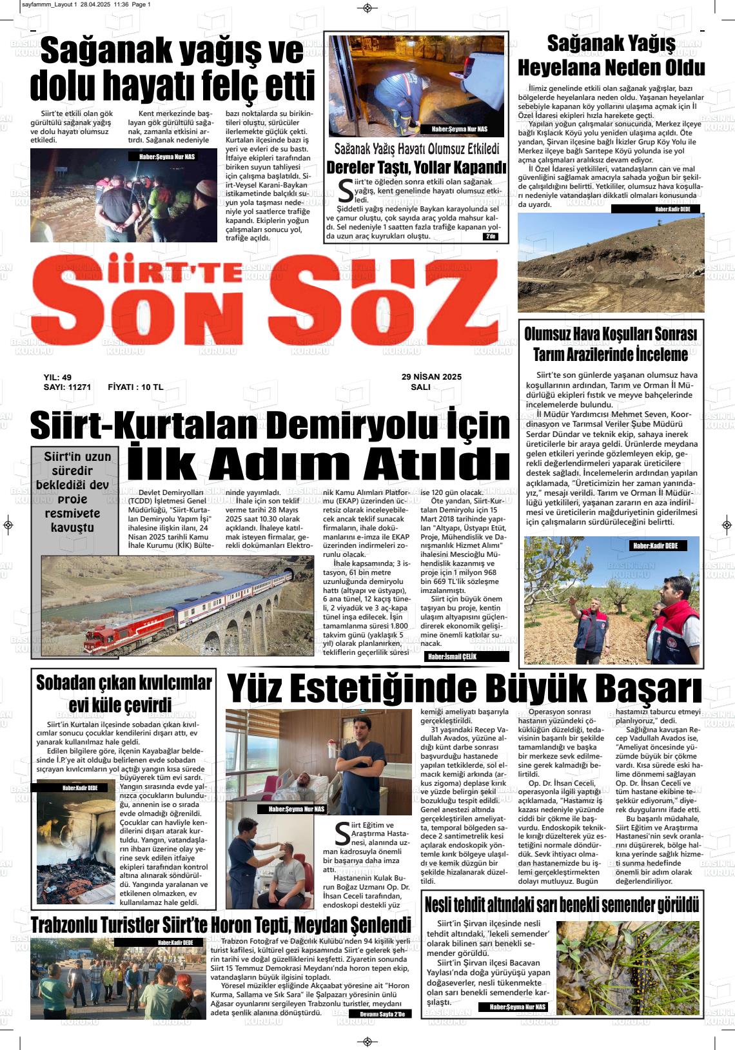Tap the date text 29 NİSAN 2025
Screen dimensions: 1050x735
(x=431, y=377)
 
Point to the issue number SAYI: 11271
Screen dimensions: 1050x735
(x=67, y=387)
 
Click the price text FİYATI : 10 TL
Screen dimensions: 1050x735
(x=135, y=387)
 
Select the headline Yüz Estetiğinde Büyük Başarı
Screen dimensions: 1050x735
(x=464, y=688)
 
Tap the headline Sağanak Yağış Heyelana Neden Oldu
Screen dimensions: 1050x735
(x=611, y=55)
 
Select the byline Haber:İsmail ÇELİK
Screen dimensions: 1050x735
(x=452, y=657)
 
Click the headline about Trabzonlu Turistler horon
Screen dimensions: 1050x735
(x=220, y=925)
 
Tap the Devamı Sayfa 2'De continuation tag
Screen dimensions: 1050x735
(x=380, y=1014)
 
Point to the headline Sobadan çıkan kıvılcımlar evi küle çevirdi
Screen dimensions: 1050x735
(x=123, y=693)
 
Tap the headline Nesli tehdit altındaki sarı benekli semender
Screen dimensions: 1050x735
(x=562, y=904)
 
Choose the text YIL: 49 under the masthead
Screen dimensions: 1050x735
(x=57, y=377)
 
